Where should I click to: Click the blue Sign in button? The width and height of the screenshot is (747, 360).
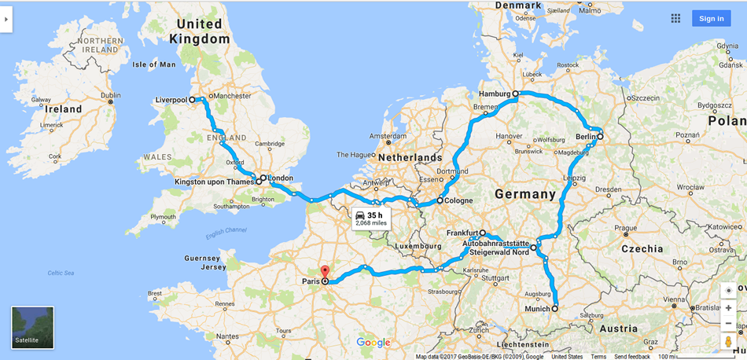(x=711, y=19)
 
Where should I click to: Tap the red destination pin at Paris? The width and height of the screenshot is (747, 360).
(x=325, y=272)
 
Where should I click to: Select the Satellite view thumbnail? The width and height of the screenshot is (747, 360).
(x=33, y=327)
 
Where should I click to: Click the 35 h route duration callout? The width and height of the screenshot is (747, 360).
(x=371, y=219)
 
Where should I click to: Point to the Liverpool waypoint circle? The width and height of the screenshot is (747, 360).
(x=192, y=100)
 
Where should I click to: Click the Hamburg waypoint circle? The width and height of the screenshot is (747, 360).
(x=516, y=94)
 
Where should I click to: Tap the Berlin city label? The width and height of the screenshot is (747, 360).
(x=585, y=137)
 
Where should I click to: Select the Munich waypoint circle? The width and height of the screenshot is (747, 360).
(x=555, y=308)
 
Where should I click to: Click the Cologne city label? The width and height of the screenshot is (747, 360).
(x=458, y=200)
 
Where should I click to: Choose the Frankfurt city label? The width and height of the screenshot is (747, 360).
(x=462, y=233)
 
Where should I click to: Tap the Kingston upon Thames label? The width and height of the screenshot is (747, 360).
(x=213, y=182)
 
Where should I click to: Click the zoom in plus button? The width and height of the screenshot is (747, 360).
(x=728, y=307)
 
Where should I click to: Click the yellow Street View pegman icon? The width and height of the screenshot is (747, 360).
(x=728, y=341)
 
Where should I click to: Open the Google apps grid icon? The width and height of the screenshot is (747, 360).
(x=675, y=18)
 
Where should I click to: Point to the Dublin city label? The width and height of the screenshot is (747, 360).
(x=110, y=96)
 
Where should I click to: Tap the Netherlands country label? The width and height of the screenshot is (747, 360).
(x=410, y=157)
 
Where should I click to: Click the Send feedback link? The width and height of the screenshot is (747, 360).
(x=632, y=356)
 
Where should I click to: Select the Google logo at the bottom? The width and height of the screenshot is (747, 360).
(x=373, y=342)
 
